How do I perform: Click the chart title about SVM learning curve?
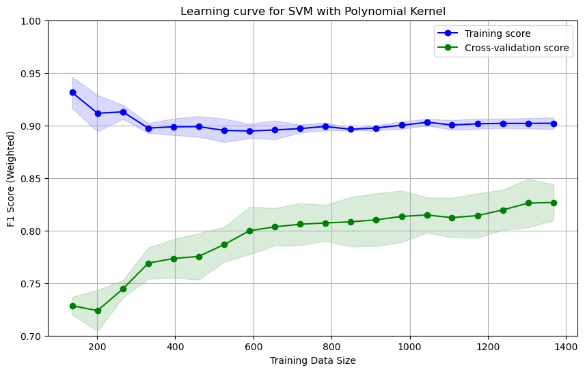313,11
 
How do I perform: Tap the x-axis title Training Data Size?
313,360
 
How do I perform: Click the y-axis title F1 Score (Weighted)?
12,178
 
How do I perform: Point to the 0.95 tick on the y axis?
32,74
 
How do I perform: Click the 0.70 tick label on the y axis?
32,337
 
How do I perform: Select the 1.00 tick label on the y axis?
32,21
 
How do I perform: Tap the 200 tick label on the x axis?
97,347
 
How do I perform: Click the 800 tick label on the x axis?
331,347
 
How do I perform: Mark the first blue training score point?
72,92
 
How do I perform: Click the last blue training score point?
554,124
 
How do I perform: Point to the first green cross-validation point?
72,306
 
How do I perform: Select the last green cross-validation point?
554,203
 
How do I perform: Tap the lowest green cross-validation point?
98,311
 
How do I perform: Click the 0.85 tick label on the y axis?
32,179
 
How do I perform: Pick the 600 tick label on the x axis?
254,347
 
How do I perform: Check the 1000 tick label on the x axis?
409,347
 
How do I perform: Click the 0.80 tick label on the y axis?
32,231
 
